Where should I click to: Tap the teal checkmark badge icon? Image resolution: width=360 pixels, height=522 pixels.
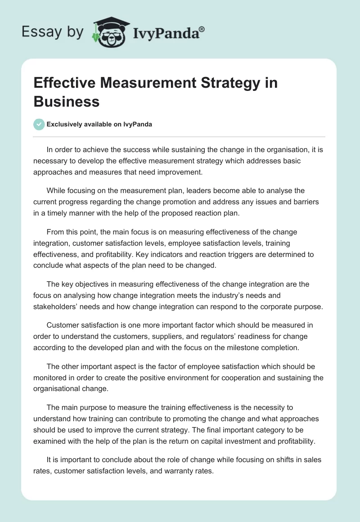click(x=39, y=124)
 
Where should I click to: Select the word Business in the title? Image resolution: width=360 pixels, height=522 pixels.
click(x=67, y=101)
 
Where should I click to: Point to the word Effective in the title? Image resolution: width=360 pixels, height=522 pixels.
click(x=65, y=83)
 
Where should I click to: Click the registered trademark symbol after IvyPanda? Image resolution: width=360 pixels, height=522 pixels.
click(x=202, y=29)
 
